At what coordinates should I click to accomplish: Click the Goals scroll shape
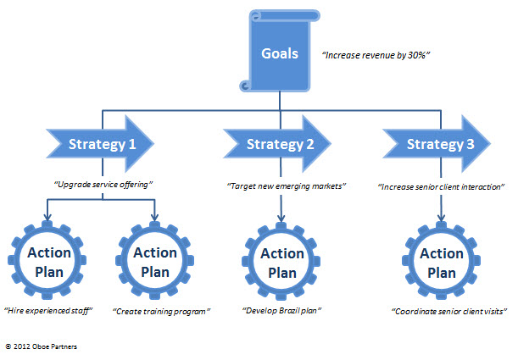pyautogui.click(x=280, y=51)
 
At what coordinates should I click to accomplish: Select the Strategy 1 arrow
pyautogui.click(x=100, y=144)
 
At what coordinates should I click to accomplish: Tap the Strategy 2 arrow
pyautogui.click(x=277, y=144)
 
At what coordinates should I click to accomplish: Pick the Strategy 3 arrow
pyautogui.click(x=437, y=144)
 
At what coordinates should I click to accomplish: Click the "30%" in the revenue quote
pyautogui.click(x=416, y=55)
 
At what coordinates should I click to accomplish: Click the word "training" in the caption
pyautogui.click(x=158, y=312)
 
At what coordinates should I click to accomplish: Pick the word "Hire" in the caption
pyautogui.click(x=15, y=311)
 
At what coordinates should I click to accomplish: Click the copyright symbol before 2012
pyautogui.click(x=8, y=346)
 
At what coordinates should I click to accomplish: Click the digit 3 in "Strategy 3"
pyautogui.click(x=470, y=144)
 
